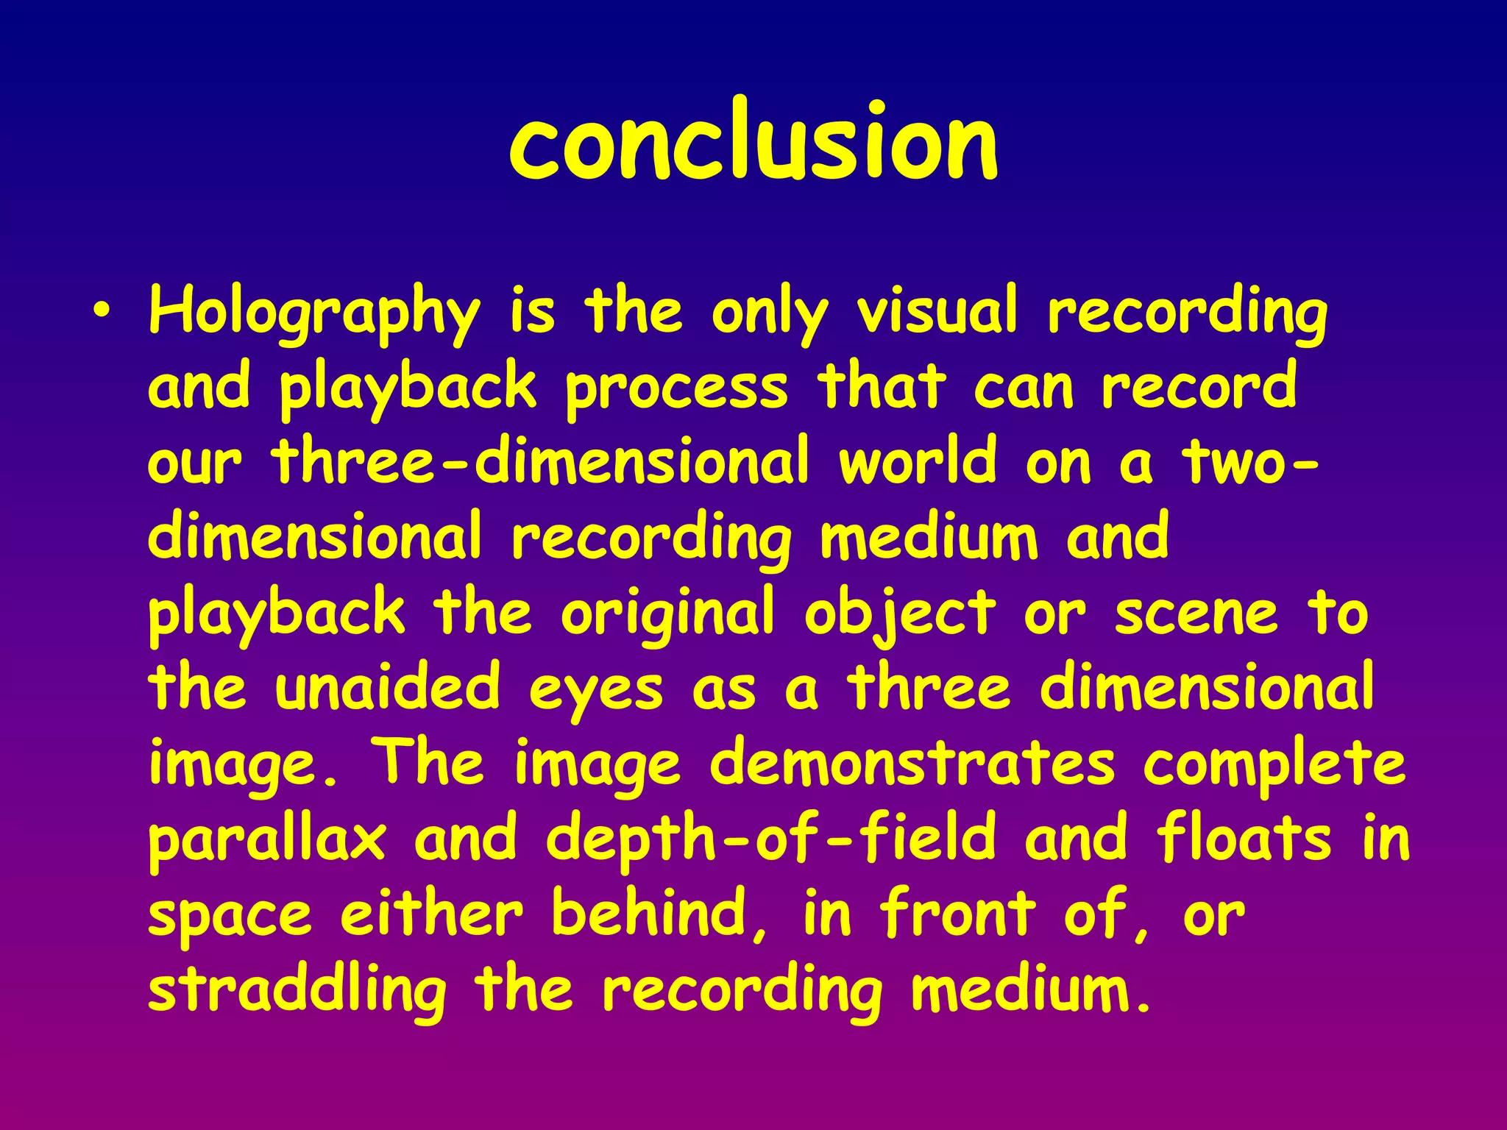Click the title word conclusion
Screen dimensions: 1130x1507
pos(753,141)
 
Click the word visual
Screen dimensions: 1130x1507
pos(938,310)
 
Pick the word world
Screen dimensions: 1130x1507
pos(918,462)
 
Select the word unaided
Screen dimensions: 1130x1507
pos(387,688)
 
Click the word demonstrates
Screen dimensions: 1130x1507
pos(912,764)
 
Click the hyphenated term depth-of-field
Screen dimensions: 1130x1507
pos(770,839)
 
